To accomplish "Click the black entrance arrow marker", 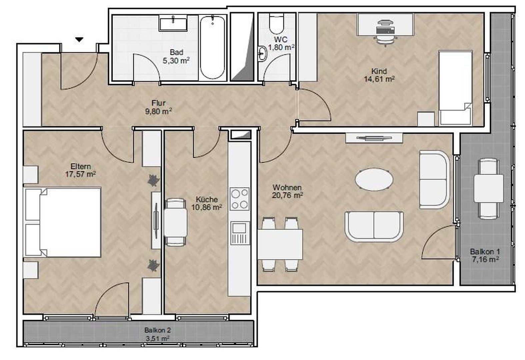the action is pos(79,40).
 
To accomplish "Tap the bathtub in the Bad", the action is pos(213,48).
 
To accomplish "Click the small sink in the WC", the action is pos(263,54).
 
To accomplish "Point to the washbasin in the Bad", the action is pos(173,23).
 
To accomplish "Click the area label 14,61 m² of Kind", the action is pos(379,79).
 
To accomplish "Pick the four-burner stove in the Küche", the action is pos(239,199).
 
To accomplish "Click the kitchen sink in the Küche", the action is pos(239,233).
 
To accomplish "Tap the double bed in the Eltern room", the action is pos(63,222).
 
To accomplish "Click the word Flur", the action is pos(158,103).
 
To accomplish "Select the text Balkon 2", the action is pos(157,330).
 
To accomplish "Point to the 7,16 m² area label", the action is pos(485,260).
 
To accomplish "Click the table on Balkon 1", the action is pos(489,188).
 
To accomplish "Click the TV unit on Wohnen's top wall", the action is pos(374,138).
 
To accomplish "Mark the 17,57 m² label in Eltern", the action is pos(80,174).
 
